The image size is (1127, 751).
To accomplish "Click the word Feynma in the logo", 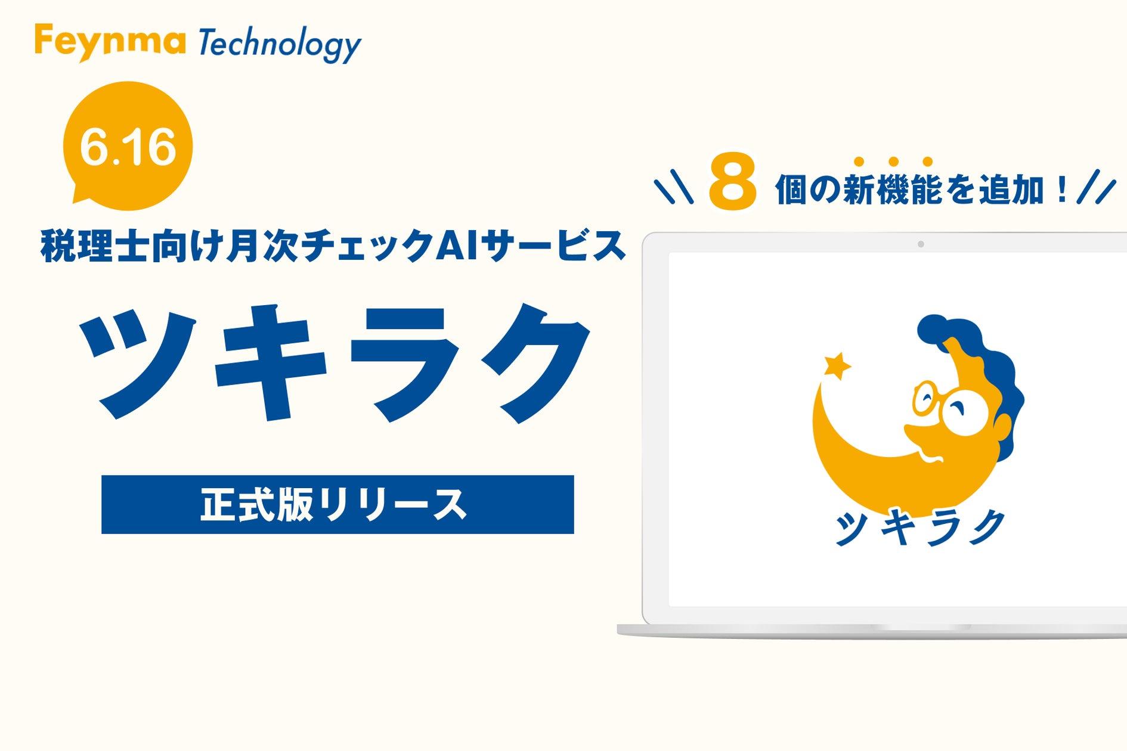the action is [110, 42].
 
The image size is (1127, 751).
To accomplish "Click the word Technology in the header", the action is [279, 44].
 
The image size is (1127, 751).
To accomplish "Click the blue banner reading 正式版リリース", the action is [338, 504].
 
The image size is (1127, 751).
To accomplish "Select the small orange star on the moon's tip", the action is [837, 366].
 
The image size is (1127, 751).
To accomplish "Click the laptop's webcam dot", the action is [921, 244].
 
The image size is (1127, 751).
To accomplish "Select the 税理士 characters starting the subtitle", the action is [95, 246].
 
